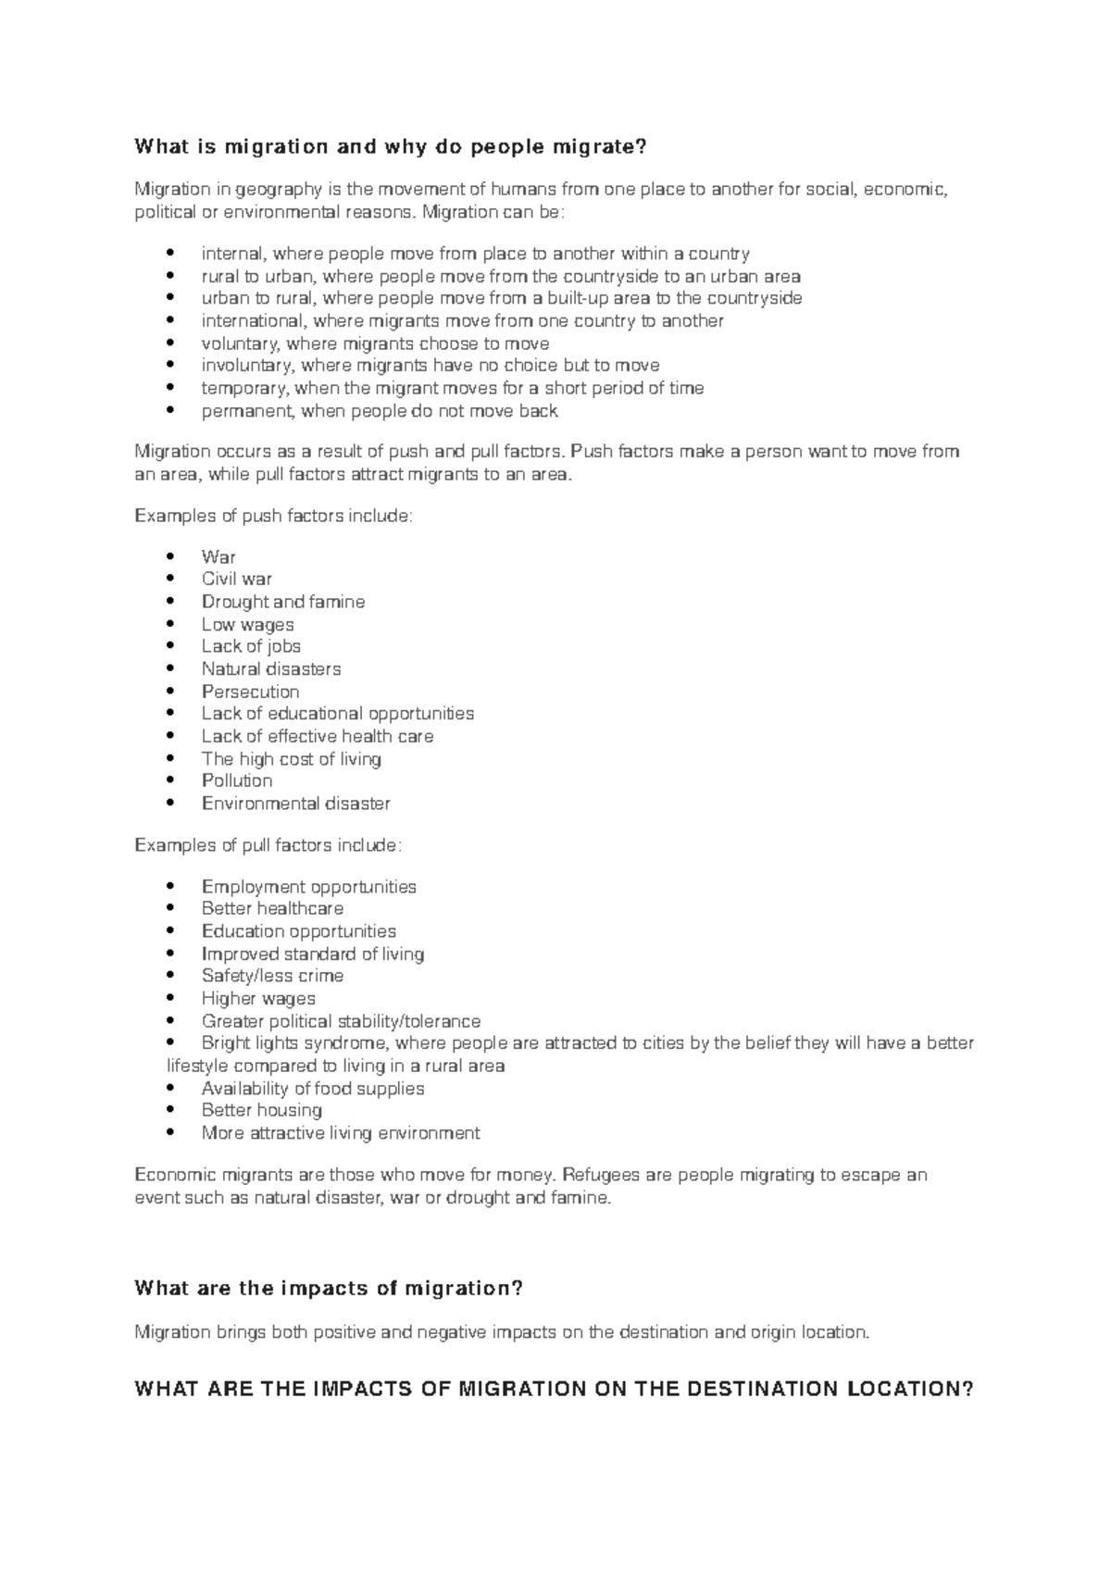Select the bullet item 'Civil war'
click(x=236, y=580)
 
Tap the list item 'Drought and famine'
click(x=282, y=602)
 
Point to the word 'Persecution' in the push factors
click(x=250, y=692)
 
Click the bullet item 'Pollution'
click(x=236, y=780)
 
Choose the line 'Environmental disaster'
click(x=295, y=804)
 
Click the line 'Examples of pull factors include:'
click(x=268, y=845)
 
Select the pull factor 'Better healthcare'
click(x=272, y=908)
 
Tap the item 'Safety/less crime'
click(x=272, y=976)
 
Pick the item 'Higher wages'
click(x=258, y=998)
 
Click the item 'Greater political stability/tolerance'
click(x=341, y=1021)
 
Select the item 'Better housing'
click(x=261, y=1110)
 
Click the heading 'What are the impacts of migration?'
click(x=329, y=1288)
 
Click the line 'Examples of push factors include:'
click(x=273, y=516)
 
